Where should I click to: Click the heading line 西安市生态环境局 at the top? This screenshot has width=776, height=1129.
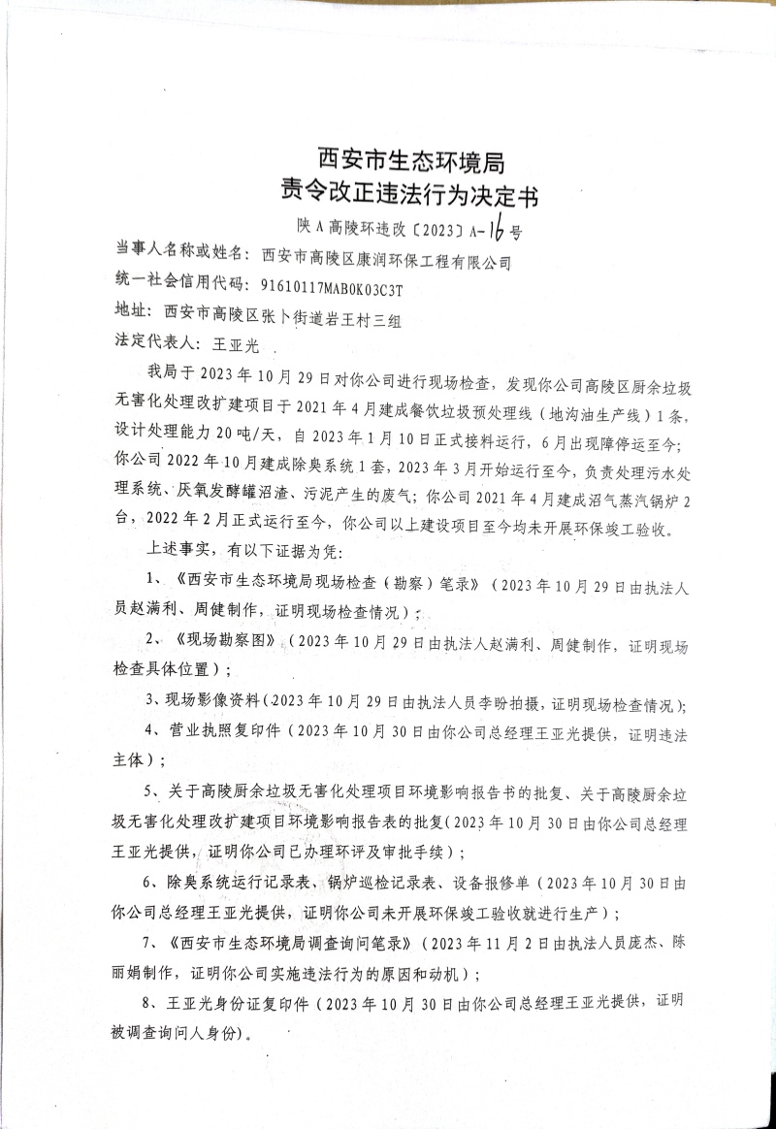click(410, 158)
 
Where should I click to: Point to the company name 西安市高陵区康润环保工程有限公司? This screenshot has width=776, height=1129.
click(386, 260)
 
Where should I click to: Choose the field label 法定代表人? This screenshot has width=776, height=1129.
click(158, 343)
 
